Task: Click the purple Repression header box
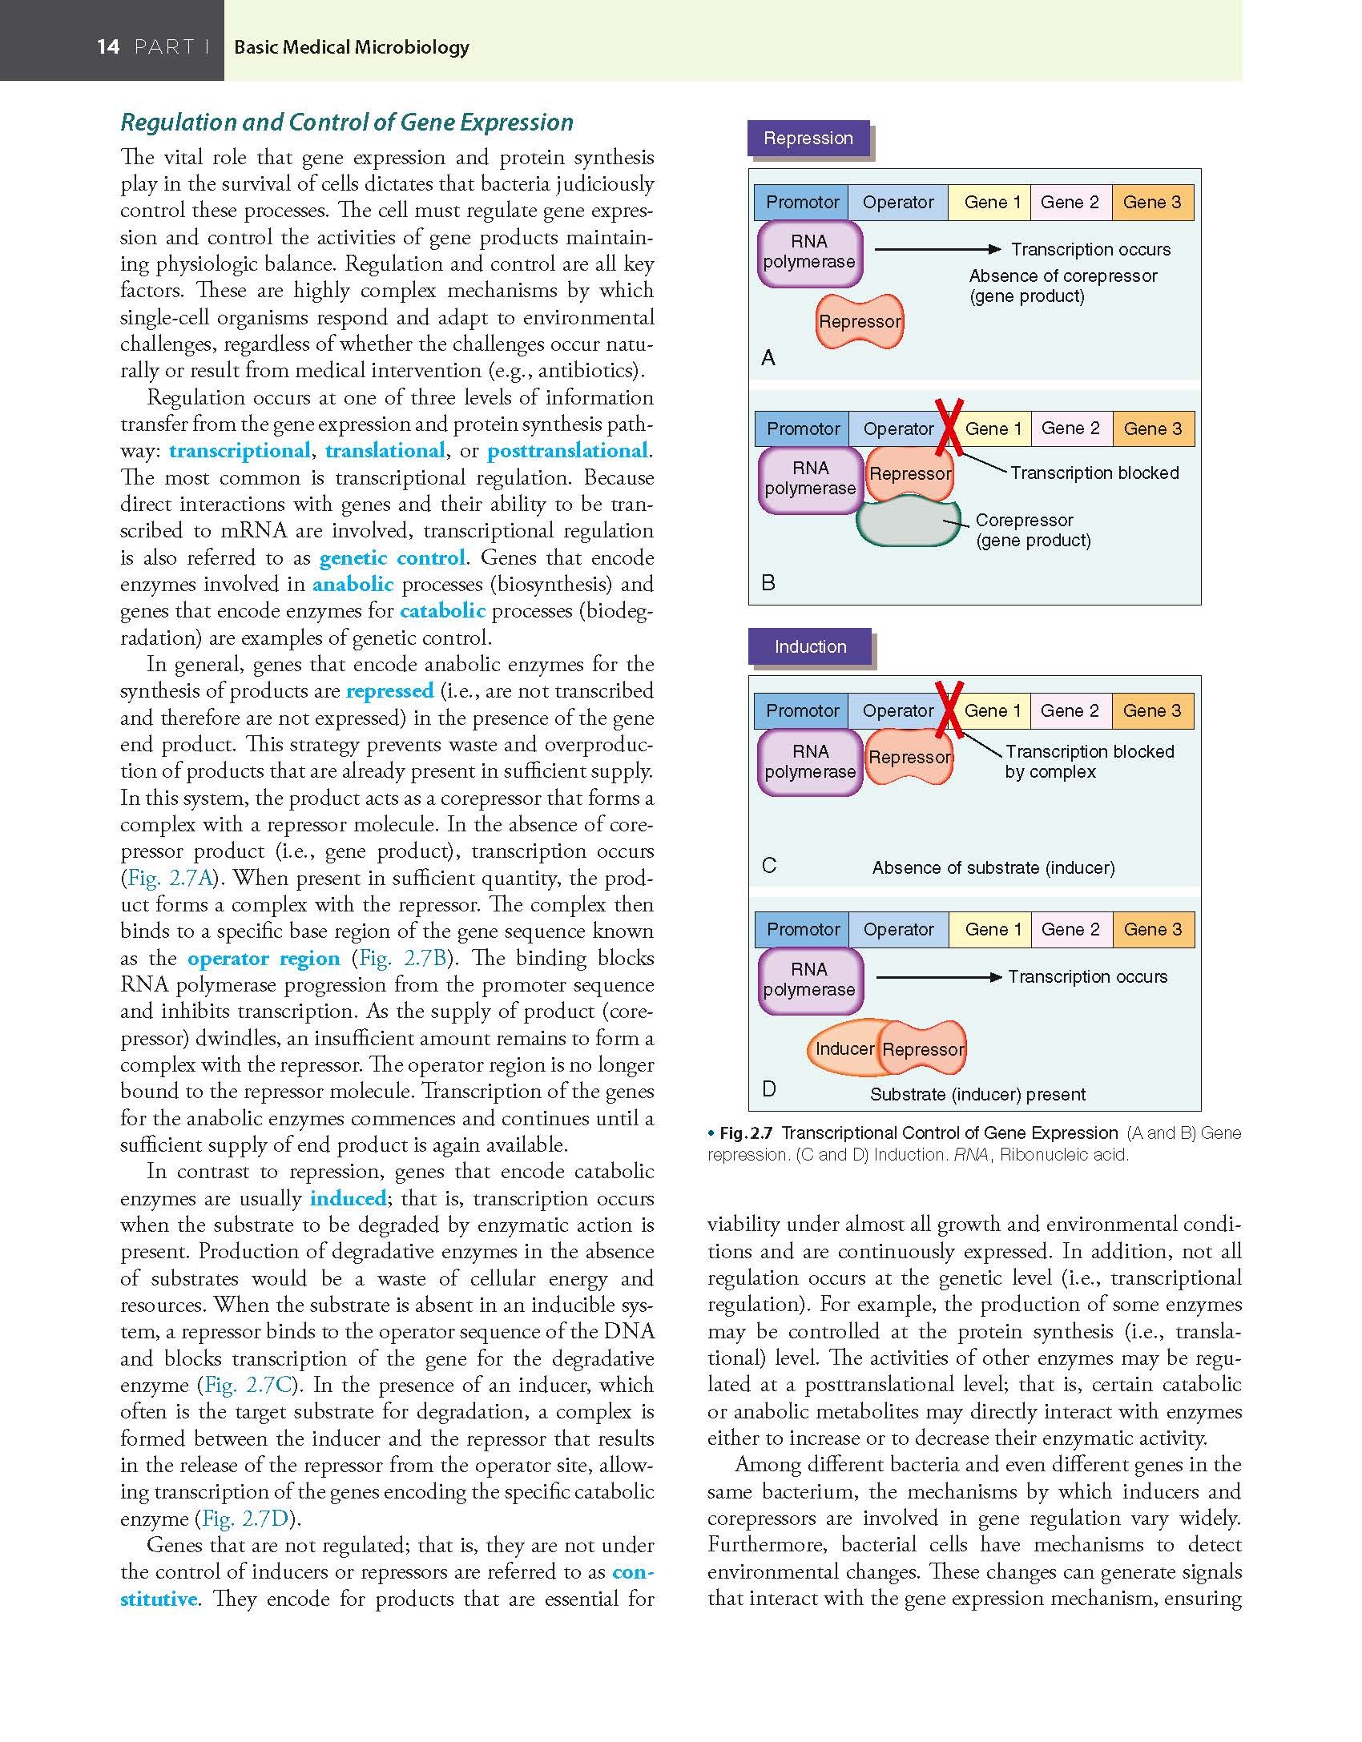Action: pyautogui.click(x=808, y=138)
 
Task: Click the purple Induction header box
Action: pyautogui.click(x=809, y=646)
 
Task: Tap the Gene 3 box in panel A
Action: pyautogui.click(x=1151, y=203)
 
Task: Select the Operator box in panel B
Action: pyautogui.click(x=897, y=429)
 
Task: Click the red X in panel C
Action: pyautogui.click(x=950, y=710)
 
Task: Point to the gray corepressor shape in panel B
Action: pyautogui.click(x=908, y=521)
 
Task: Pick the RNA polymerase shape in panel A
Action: pyautogui.click(x=809, y=252)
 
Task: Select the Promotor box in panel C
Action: pyautogui.click(x=802, y=711)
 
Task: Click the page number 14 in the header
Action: pyautogui.click(x=108, y=47)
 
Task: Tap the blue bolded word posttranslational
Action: pyautogui.click(x=567, y=451)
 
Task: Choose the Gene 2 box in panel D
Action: pyautogui.click(x=1070, y=930)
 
